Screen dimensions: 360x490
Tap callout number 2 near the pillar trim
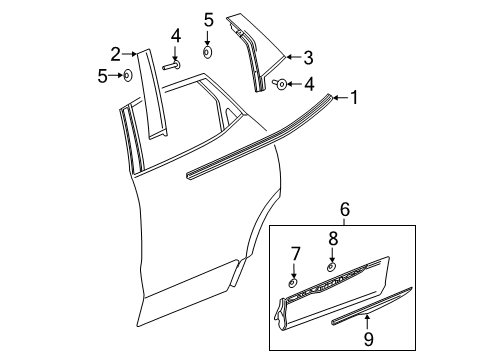[x=116, y=53]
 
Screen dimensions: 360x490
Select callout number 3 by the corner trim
[x=308, y=57]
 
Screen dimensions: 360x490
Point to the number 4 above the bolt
[x=176, y=37]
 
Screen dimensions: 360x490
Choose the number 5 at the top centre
[x=207, y=19]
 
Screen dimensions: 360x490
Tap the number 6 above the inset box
[x=346, y=237]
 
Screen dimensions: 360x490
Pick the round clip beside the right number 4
[x=282, y=84]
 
